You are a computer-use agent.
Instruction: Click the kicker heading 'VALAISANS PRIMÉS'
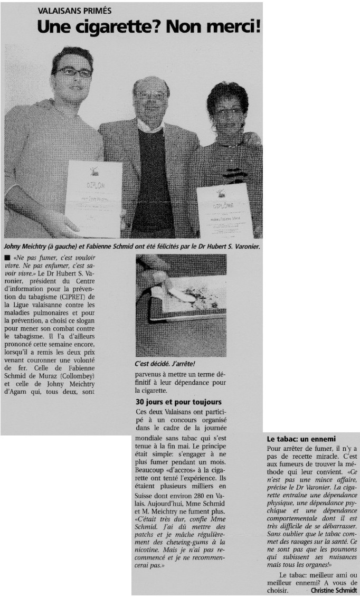[73, 11]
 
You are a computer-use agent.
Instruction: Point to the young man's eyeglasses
[74, 72]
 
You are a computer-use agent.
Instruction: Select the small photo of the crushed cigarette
[181, 305]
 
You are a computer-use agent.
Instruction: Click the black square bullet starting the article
[6, 257]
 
